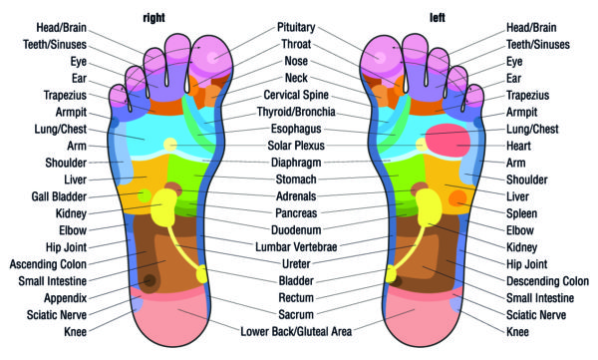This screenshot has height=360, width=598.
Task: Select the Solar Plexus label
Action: pyautogui.click(x=298, y=146)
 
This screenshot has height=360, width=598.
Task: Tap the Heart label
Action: pyautogui.click(x=524, y=146)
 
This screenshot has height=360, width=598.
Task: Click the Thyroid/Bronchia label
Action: pyautogui.click(x=298, y=112)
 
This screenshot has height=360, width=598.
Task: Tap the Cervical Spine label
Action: pyautogui.click(x=298, y=95)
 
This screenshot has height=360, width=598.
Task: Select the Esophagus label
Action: pyautogui.click(x=298, y=129)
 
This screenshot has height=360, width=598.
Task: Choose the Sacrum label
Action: pyautogui.click(x=298, y=315)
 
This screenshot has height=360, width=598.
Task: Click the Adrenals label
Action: pyautogui.click(x=298, y=196)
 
